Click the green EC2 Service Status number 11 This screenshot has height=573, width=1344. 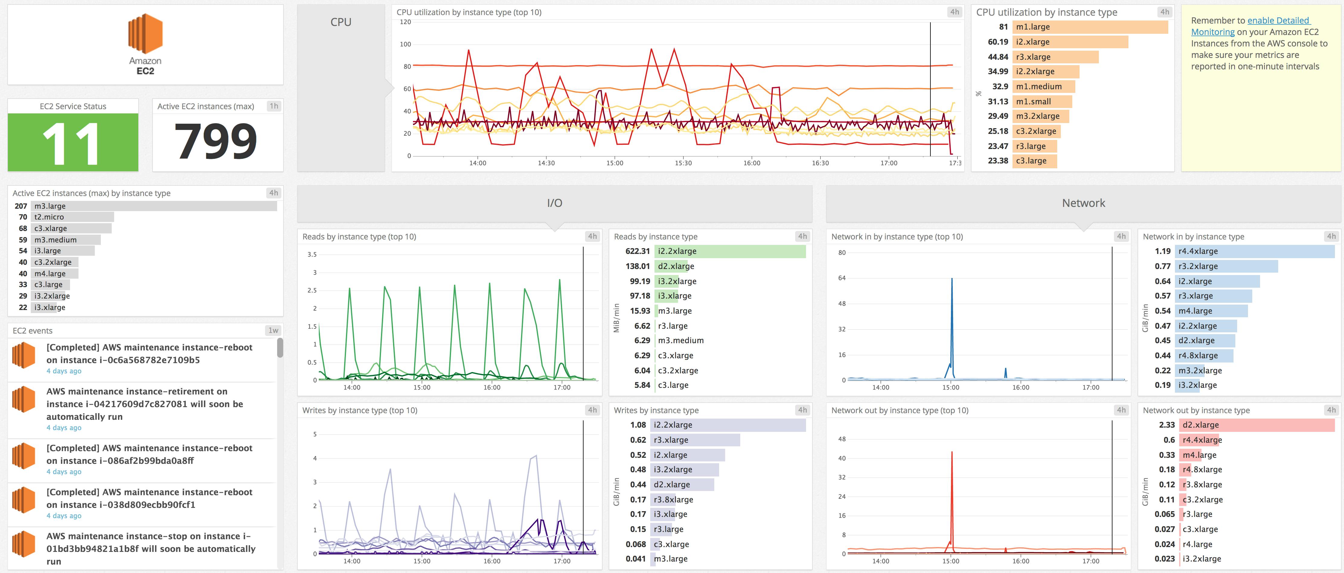pos(72,142)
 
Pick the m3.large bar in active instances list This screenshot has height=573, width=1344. pos(154,206)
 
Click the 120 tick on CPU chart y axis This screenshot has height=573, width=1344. pos(405,22)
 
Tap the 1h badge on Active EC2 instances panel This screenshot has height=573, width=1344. pos(274,106)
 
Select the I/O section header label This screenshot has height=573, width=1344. pos(555,203)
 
